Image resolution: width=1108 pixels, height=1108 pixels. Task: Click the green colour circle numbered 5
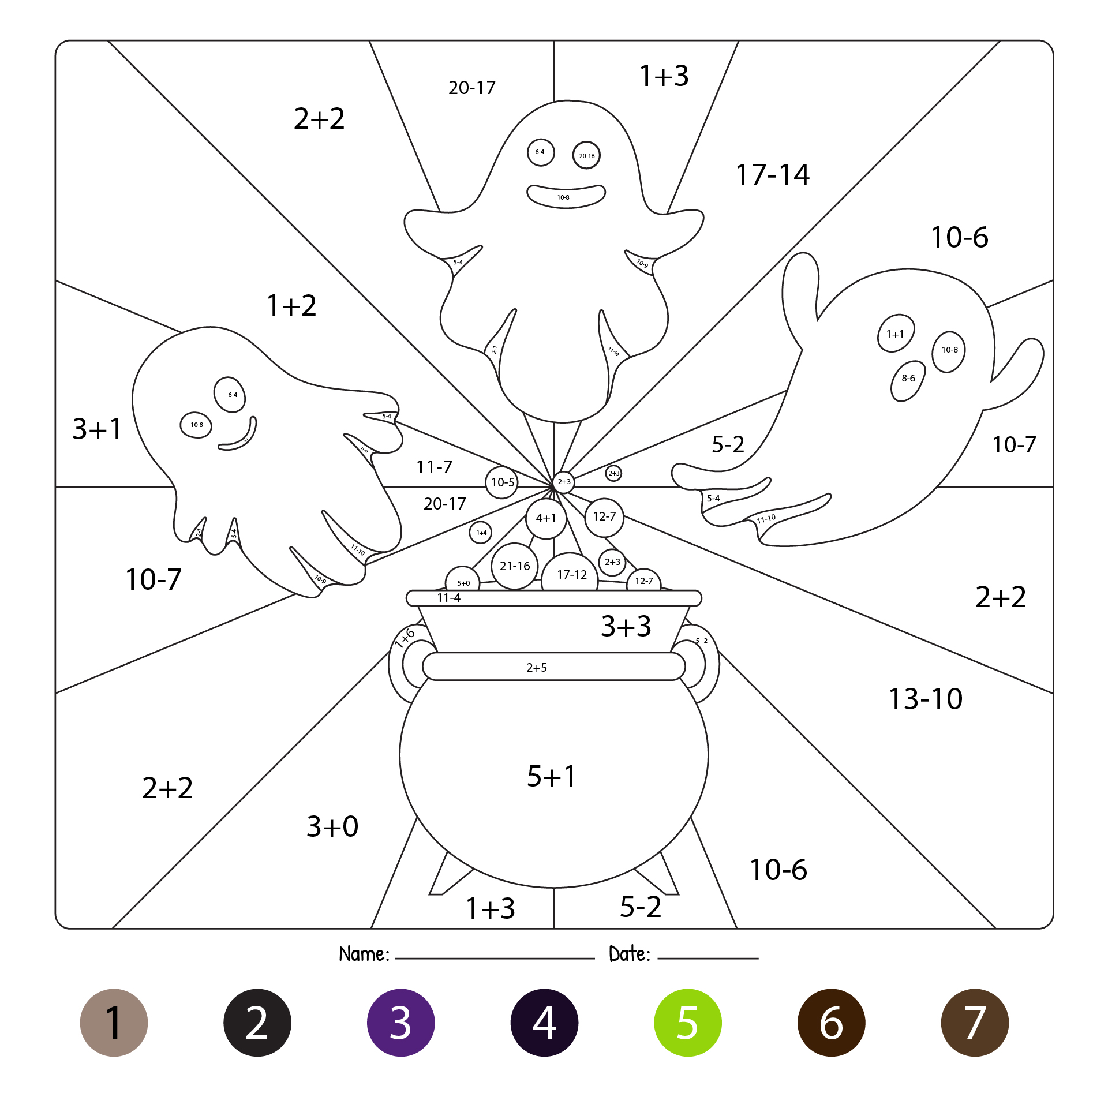(x=687, y=1023)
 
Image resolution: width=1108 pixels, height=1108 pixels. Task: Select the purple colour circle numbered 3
(x=400, y=1023)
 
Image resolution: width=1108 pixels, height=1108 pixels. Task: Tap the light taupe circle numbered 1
(x=114, y=1023)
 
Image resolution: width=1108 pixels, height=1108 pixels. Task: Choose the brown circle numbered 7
(x=974, y=1023)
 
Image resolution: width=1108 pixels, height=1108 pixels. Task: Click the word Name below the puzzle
(x=364, y=954)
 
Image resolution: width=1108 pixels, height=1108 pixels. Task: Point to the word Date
(x=629, y=954)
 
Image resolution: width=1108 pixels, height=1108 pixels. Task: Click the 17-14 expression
(x=772, y=175)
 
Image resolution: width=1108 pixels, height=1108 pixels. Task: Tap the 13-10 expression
(x=925, y=699)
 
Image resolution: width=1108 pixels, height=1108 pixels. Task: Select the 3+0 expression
(x=332, y=826)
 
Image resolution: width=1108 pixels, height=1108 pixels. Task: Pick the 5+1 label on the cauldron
(x=552, y=776)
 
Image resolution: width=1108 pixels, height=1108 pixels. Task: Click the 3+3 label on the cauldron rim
(x=626, y=626)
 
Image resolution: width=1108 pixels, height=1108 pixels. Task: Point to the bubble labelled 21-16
(x=515, y=566)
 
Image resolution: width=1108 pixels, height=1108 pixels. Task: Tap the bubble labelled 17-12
(x=571, y=575)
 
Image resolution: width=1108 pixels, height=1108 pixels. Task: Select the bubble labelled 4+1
(x=546, y=518)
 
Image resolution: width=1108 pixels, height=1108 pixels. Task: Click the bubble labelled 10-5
(x=502, y=482)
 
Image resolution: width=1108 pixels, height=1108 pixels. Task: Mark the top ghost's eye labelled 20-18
(x=586, y=155)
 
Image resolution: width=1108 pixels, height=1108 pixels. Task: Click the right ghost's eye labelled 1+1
(x=895, y=334)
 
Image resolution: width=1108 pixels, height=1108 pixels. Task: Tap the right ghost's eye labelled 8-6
(x=908, y=379)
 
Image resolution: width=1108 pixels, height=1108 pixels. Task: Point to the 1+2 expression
(x=291, y=305)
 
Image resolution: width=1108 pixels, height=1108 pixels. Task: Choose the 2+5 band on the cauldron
(x=537, y=668)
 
